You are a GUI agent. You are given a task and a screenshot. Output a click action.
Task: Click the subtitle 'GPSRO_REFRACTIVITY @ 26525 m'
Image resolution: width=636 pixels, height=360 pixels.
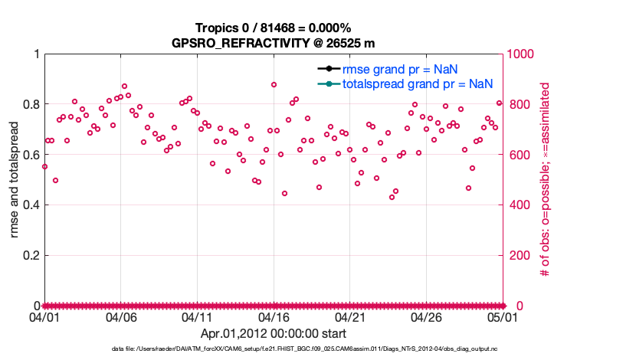pyautogui.click(x=274, y=42)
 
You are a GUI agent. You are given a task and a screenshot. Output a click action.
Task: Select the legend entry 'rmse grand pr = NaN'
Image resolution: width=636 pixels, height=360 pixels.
pyautogui.click(x=399, y=69)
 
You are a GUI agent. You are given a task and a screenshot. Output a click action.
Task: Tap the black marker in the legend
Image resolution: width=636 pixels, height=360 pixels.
pyautogui.click(x=329, y=69)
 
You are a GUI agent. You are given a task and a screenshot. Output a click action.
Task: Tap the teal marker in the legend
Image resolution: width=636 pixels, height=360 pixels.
pyautogui.click(x=329, y=83)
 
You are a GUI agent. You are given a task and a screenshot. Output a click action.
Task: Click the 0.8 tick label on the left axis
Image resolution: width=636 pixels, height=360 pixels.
pyautogui.click(x=30, y=104)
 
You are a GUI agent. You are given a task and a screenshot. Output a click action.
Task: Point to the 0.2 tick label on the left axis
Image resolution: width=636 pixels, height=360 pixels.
pyautogui.click(x=30, y=255)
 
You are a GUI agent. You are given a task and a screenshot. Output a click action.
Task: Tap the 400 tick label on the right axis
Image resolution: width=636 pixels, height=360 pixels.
pyautogui.click(x=519, y=205)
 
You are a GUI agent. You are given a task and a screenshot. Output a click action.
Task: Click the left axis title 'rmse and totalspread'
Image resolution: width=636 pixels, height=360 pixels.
pyautogui.click(x=15, y=179)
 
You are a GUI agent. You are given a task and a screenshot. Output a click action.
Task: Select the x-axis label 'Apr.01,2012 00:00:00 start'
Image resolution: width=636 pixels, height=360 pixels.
pyautogui.click(x=274, y=334)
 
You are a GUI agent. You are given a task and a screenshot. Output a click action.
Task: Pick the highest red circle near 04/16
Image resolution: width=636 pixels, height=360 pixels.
pyautogui.click(x=274, y=85)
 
